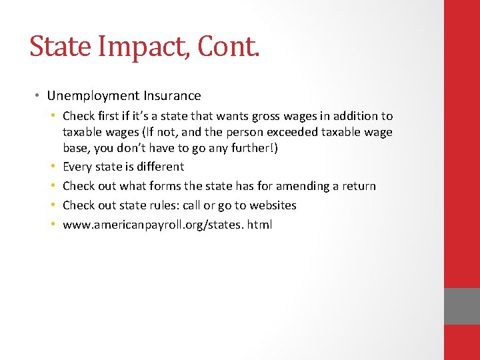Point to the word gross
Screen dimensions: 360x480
259,116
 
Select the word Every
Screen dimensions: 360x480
77,167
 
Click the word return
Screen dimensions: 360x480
359,186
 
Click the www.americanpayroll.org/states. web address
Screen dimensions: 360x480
153,225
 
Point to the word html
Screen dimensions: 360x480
259,225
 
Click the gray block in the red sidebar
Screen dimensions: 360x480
462,306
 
